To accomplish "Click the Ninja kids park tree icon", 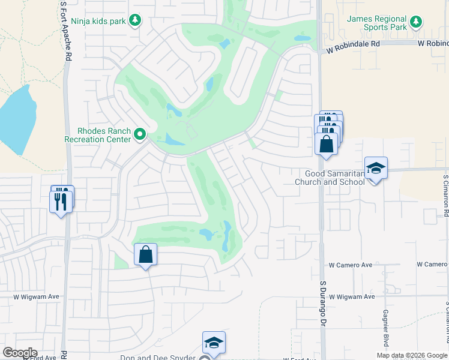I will coord(136,21).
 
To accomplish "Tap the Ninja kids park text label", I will coord(98,21).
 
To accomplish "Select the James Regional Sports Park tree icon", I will coord(416,23).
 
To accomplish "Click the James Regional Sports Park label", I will coord(377,23).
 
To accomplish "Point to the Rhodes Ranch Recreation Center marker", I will coord(140,134).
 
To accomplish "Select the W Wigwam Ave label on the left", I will coord(37,296).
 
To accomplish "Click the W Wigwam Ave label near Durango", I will coord(352,296).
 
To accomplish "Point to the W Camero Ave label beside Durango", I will coord(351,265).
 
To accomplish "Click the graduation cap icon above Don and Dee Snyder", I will coord(214,342).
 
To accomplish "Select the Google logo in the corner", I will coord(20,353).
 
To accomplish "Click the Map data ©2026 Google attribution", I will coord(411,355).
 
